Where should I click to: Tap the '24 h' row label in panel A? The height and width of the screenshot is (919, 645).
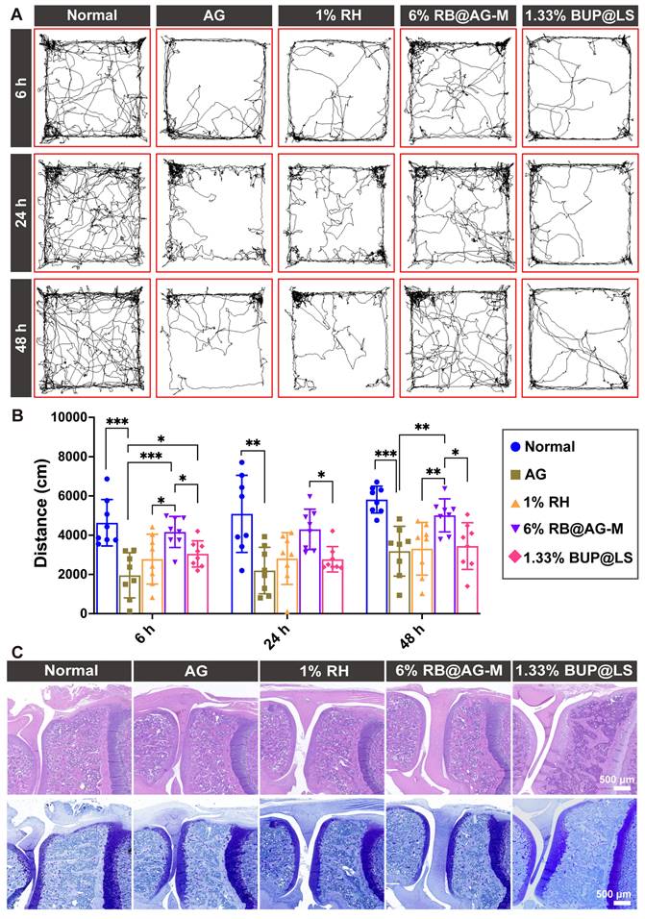[16, 211]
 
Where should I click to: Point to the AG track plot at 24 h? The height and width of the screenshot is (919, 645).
[211, 211]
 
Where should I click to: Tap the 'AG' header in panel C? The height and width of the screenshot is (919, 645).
[195, 672]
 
